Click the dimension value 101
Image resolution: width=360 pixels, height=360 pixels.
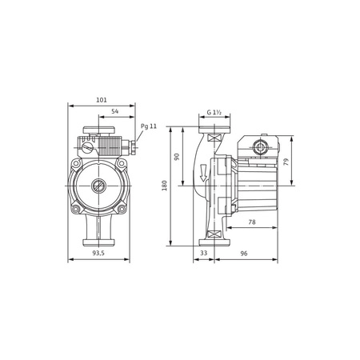pyautogui.click(x=102, y=100)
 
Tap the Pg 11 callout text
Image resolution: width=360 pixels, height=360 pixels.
pyautogui.click(x=149, y=126)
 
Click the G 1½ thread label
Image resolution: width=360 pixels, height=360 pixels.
pyautogui.click(x=213, y=113)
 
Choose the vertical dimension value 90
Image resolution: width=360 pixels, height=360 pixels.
pyautogui.click(x=178, y=157)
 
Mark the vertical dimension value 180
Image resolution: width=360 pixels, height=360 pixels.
pyautogui.click(x=165, y=185)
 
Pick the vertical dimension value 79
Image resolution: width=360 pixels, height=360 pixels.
pyautogui.click(x=286, y=161)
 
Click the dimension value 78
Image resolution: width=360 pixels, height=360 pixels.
pyautogui.click(x=251, y=222)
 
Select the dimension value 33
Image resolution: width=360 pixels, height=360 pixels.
pyautogui.click(x=203, y=253)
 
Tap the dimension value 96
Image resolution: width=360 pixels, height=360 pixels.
pyautogui.click(x=244, y=253)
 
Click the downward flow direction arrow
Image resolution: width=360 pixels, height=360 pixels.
pyautogui.click(x=204, y=171)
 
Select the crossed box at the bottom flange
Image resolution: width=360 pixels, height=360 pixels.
pyautogui.click(x=214, y=234)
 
